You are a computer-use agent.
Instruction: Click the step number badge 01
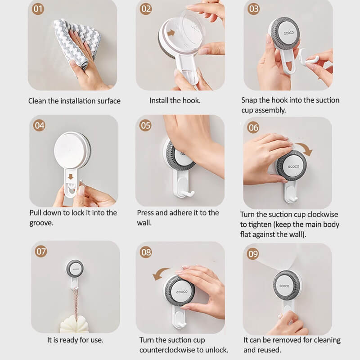tap(38, 9)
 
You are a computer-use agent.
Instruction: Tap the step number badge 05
tap(145, 125)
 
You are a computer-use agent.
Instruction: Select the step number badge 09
tap(253, 254)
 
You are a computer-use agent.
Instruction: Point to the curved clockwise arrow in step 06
tap(307, 149)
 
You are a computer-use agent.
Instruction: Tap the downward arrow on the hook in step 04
tap(70, 176)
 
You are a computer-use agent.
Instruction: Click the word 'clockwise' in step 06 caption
tap(320, 214)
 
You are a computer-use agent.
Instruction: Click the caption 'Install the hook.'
tap(175, 101)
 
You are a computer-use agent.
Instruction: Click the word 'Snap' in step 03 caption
tap(250, 100)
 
